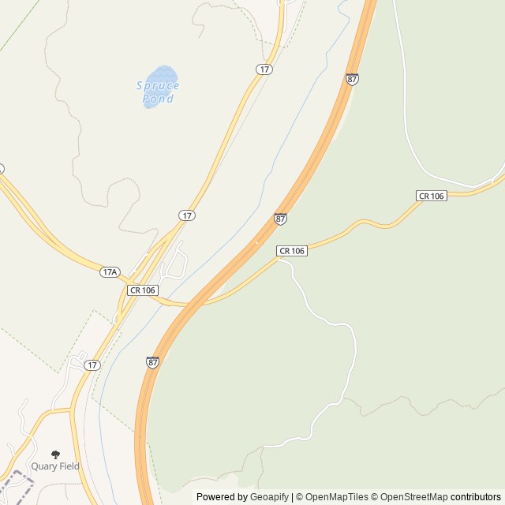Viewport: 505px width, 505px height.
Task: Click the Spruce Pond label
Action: [x=158, y=92]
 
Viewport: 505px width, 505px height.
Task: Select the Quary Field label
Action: [x=55, y=466]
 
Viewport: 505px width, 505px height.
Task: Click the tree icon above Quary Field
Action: [x=55, y=454]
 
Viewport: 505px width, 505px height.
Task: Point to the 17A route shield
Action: [x=110, y=272]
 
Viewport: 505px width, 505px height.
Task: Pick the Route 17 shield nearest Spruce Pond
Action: [x=264, y=69]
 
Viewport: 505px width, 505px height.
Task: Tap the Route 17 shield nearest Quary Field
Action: [x=92, y=365]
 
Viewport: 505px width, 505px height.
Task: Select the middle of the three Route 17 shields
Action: [x=187, y=215]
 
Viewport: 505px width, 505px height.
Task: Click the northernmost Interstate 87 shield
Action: [x=352, y=79]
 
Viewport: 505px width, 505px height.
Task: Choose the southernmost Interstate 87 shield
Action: [x=152, y=362]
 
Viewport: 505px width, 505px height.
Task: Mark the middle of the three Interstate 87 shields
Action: [x=281, y=219]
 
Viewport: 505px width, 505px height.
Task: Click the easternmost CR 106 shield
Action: [x=432, y=196]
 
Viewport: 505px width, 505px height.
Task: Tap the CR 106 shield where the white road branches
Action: [x=292, y=251]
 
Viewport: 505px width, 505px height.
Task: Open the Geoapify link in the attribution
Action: [x=269, y=497]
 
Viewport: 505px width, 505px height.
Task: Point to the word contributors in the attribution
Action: [x=476, y=497]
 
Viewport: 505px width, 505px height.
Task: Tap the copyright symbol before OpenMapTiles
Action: [x=300, y=497]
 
